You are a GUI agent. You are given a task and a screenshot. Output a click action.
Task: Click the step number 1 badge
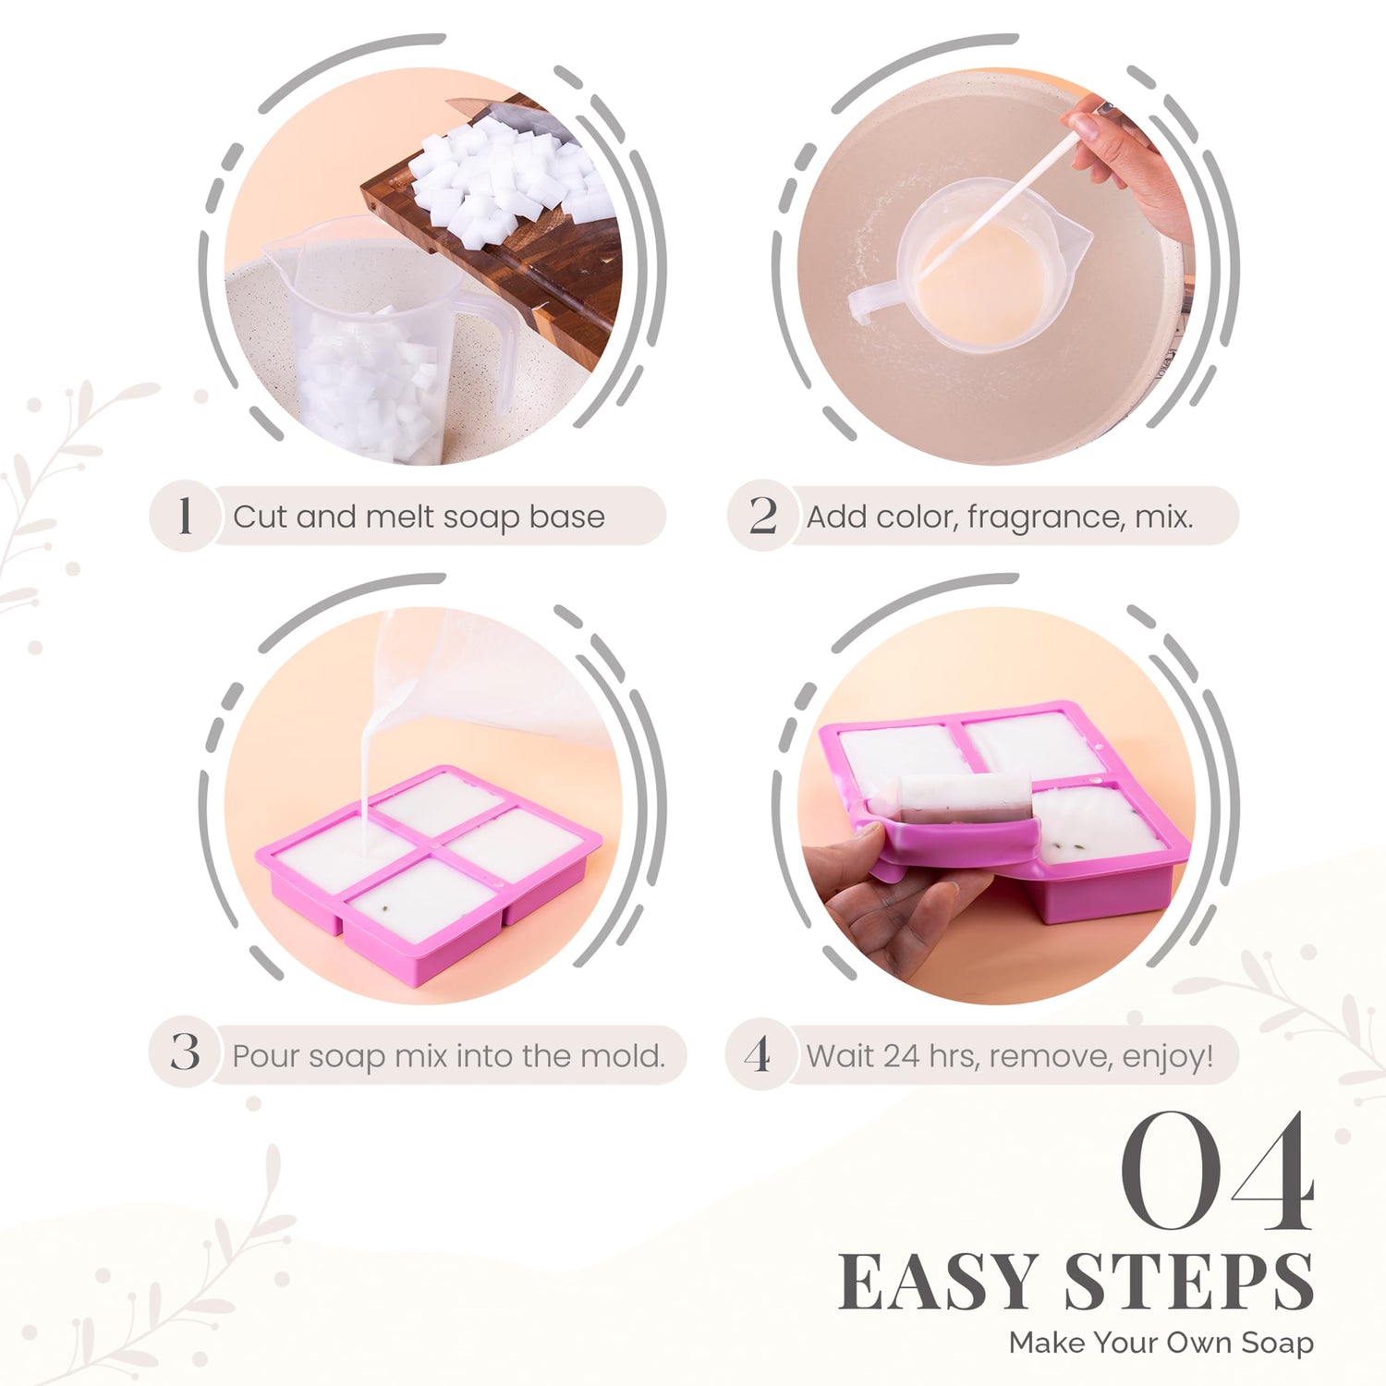coord(185,516)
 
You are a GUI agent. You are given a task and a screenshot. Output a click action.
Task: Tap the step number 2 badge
coord(762,516)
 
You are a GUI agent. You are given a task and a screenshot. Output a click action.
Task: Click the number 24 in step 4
coord(901,1055)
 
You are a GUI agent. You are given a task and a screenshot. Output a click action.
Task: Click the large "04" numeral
coord(1218,1172)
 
